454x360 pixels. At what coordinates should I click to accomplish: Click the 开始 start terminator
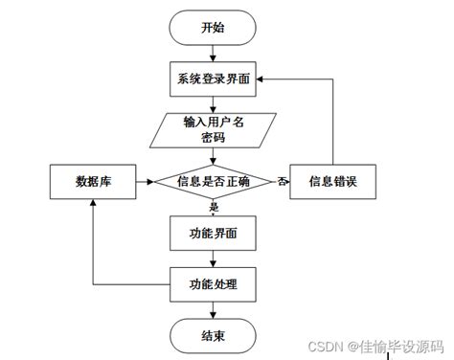[214, 29]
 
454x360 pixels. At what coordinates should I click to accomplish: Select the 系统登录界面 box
[214, 80]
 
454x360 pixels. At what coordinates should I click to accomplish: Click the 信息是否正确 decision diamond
[214, 181]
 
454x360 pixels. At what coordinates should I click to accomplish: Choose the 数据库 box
[92, 181]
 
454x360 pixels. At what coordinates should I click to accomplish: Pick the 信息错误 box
[334, 181]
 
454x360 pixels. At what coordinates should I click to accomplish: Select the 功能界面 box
[214, 232]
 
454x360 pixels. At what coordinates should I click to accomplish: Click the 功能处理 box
[214, 283]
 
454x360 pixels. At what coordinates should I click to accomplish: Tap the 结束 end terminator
[214, 334]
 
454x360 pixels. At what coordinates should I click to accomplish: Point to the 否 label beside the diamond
[284, 180]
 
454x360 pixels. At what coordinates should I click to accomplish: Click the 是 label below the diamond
[214, 206]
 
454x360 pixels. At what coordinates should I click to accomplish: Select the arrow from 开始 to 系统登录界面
[214, 54]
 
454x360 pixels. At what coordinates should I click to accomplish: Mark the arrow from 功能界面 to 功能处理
[214, 258]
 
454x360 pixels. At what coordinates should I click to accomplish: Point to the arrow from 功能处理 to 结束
[214, 308]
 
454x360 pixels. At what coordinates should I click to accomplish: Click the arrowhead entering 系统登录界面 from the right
[263, 80]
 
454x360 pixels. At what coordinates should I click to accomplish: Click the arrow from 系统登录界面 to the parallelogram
[214, 103]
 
